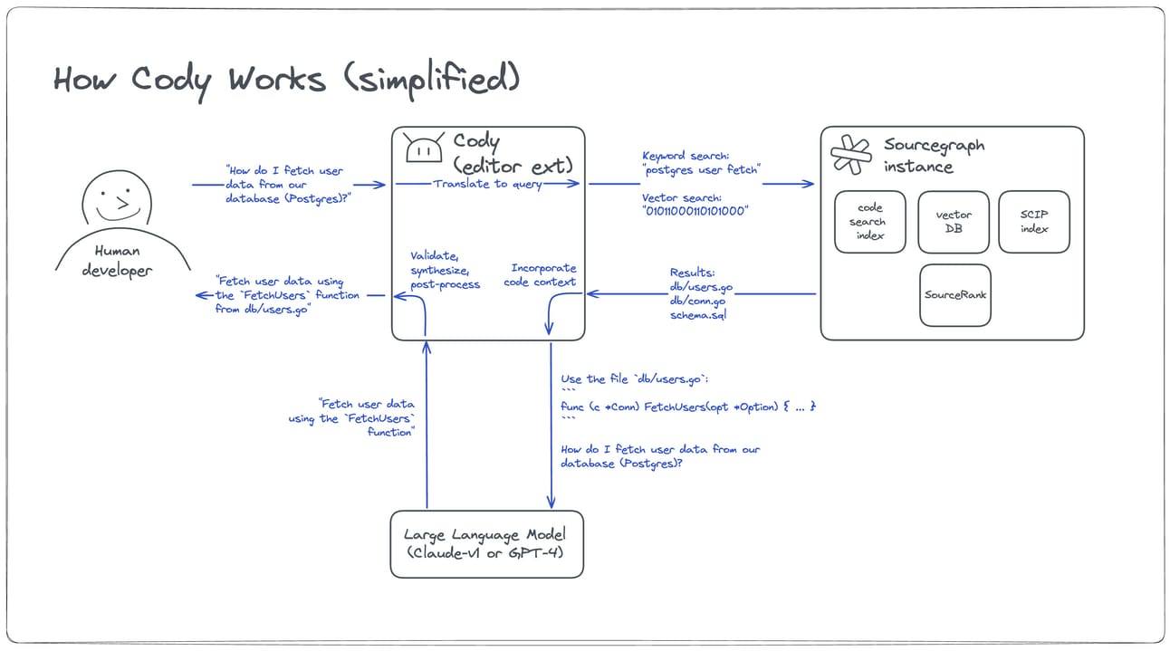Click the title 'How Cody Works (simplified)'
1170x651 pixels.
286,80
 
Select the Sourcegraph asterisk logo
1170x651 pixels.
850,155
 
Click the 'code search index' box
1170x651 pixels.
869,221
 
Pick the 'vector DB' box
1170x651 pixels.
953,221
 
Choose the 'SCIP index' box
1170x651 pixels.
1033,221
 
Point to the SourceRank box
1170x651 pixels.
954,295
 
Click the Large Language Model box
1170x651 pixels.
486,543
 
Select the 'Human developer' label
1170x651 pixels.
118,261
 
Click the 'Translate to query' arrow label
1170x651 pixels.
487,184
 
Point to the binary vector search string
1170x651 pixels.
695,211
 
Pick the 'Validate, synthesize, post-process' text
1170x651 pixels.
445,270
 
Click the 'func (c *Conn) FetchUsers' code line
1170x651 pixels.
688,407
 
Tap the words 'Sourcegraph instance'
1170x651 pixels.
933,156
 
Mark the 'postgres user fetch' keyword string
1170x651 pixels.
702,169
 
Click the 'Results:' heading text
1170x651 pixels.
692,273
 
